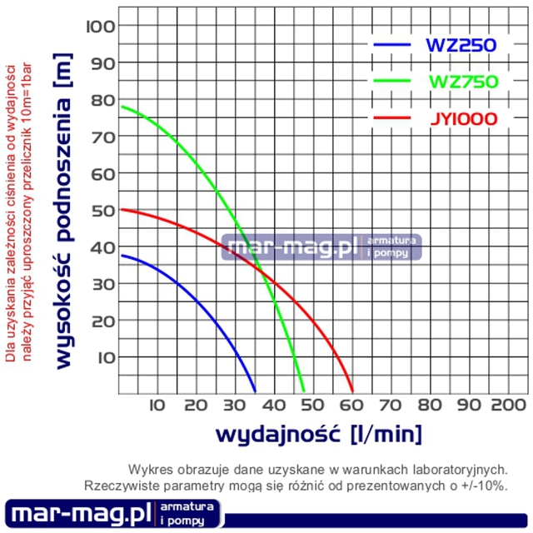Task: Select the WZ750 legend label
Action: (x=462, y=82)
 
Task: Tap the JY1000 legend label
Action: (x=464, y=119)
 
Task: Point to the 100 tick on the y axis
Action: (x=99, y=26)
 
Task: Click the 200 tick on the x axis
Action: (x=505, y=406)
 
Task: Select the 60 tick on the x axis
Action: (x=352, y=406)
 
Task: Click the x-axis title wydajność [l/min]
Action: (x=318, y=434)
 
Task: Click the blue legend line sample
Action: (x=393, y=43)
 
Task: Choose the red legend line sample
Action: (x=393, y=118)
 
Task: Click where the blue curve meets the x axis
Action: (x=256, y=391)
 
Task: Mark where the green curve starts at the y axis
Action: (x=122, y=107)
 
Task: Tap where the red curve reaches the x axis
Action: (x=353, y=391)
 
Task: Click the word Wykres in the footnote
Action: (x=151, y=469)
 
